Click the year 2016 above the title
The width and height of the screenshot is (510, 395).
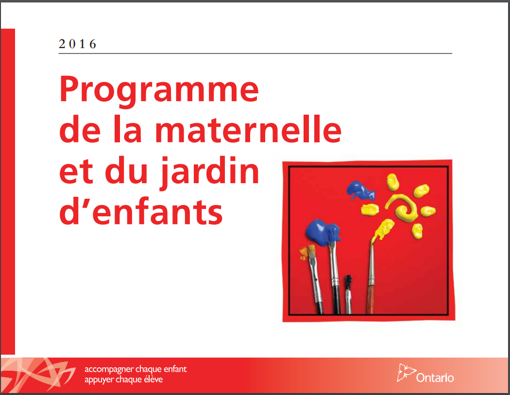(x=77, y=44)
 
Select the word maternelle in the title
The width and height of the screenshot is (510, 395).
(x=248, y=130)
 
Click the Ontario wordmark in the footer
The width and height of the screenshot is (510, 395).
(x=435, y=378)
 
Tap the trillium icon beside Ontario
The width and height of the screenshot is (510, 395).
(x=406, y=373)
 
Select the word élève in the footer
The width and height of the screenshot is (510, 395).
(x=154, y=379)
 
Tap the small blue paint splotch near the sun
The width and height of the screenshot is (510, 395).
(x=360, y=190)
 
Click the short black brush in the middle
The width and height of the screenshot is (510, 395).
(x=348, y=294)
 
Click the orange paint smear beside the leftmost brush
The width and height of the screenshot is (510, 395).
(x=304, y=253)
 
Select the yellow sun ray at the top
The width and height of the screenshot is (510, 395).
(x=393, y=182)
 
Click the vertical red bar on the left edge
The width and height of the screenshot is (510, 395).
(x=8, y=191)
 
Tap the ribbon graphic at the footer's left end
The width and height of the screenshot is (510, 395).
(x=38, y=375)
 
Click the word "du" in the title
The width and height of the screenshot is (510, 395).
(x=126, y=170)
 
